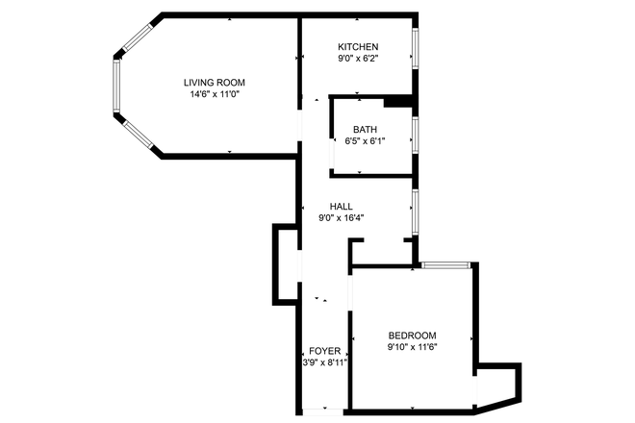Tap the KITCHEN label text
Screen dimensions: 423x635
click(x=357, y=46)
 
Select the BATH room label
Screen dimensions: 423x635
click(x=365, y=129)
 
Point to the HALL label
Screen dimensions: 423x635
click(x=341, y=206)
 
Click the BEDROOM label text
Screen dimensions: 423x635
click(x=412, y=335)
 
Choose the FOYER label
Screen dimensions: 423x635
click(x=324, y=351)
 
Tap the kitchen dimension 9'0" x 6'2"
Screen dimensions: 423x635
click(x=357, y=59)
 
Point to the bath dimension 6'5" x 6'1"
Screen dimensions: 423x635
click(x=365, y=141)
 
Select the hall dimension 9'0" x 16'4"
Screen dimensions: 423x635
click(x=341, y=218)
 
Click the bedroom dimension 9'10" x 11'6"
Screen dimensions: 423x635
click(x=412, y=347)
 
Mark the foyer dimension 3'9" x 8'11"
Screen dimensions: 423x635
click(x=324, y=363)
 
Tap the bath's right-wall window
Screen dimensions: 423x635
click(x=415, y=135)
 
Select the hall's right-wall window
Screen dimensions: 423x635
click(x=415, y=211)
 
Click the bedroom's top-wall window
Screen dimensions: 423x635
click(x=446, y=264)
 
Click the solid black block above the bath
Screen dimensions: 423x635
click(x=397, y=100)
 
